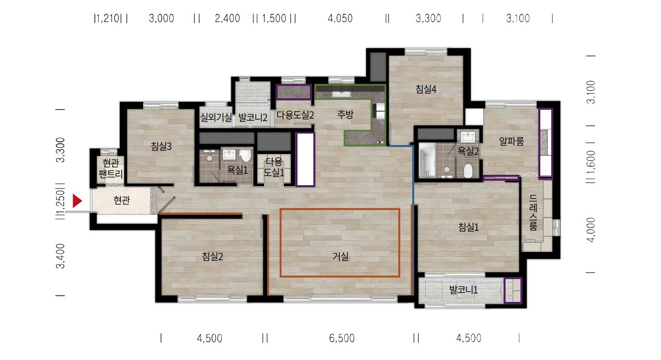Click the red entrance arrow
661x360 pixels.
(77, 201)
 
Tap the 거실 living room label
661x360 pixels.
(341, 256)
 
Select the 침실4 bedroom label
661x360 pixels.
(426, 89)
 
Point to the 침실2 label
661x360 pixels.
(213, 256)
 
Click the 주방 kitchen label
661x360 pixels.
(345, 115)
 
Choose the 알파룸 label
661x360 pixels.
(512, 142)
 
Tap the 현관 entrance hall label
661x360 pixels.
(122, 201)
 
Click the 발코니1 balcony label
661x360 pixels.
(463, 290)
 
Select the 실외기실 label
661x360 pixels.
(216, 118)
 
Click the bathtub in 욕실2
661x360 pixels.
(427, 160)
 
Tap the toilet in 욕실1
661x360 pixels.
(245, 155)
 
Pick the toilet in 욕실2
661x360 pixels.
(467, 171)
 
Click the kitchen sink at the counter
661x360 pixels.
(341, 94)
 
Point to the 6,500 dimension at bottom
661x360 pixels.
(342, 338)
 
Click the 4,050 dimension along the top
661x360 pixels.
(340, 18)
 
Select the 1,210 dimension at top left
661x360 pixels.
(107, 18)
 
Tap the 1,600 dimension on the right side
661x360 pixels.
(591, 163)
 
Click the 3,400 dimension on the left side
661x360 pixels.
(61, 256)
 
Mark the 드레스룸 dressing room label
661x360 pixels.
(533, 212)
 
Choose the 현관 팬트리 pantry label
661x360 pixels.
(111, 168)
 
